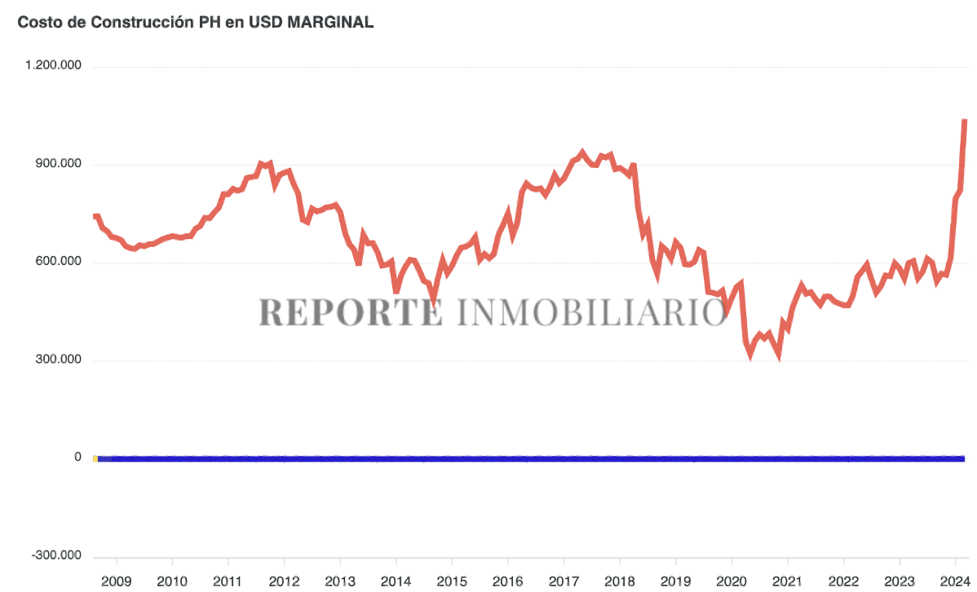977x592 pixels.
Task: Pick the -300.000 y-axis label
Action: (58, 555)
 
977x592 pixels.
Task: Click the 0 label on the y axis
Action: (78, 457)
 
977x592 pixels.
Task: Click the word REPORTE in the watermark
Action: (351, 312)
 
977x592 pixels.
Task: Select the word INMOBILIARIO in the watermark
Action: (590, 312)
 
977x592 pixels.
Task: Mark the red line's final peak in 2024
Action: (965, 121)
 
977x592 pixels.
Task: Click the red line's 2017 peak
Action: (582, 152)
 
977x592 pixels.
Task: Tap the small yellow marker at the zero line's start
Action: (95, 459)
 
